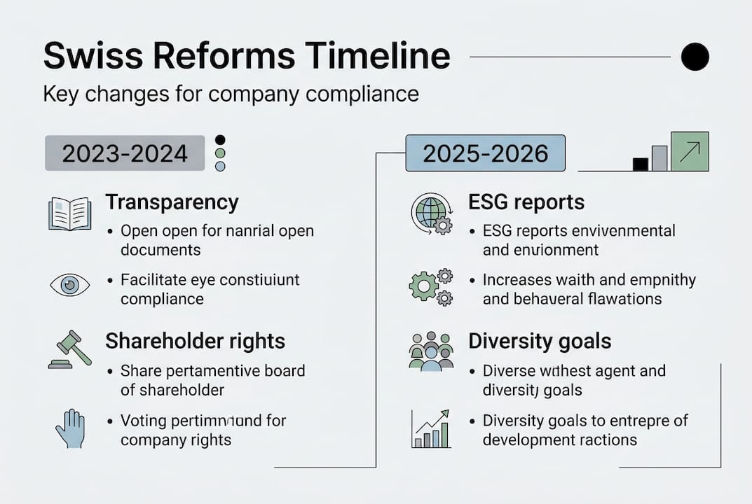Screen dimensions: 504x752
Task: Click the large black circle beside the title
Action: coord(695,57)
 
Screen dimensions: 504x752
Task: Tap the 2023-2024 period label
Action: coord(125,153)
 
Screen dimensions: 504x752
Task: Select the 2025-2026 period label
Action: coord(486,153)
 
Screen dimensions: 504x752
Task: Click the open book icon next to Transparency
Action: coord(69,213)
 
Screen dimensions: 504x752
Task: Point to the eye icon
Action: coord(69,285)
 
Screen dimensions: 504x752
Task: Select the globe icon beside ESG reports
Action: coord(430,213)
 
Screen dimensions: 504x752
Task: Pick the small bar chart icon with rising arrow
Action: coord(430,429)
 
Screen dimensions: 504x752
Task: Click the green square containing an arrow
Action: coord(690,151)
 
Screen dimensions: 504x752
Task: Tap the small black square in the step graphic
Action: coord(640,164)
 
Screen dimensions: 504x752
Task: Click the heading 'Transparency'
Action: coord(172,202)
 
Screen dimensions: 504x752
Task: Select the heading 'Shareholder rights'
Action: coord(195,341)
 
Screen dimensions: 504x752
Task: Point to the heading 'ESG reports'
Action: coord(526,202)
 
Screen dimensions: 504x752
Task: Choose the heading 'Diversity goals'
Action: coord(540,341)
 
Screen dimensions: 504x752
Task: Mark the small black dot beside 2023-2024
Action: coord(220,140)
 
